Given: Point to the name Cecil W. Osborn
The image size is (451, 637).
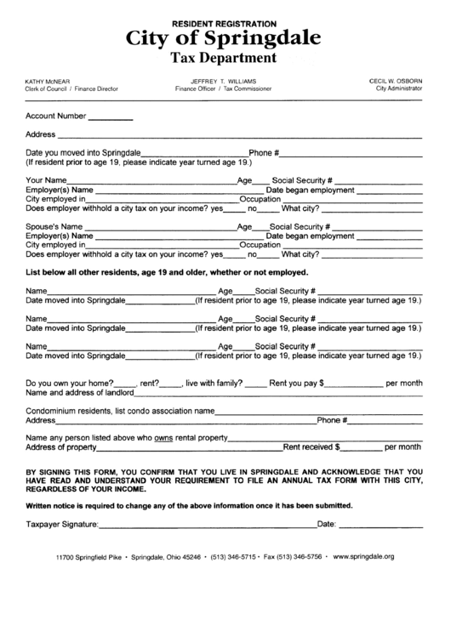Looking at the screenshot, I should tap(396, 80).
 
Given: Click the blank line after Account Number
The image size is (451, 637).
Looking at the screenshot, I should tap(111, 117).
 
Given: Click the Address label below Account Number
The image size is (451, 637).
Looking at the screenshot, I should tap(41, 134).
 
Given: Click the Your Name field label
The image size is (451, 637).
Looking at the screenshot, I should tap(47, 181).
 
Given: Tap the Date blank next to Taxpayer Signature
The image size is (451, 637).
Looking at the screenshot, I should tap(381, 525).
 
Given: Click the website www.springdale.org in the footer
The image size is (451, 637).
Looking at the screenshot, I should tap(363, 556).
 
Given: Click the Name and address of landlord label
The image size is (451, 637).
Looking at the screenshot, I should tap(80, 394).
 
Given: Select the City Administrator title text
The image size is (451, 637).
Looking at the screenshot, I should tap(399, 88).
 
